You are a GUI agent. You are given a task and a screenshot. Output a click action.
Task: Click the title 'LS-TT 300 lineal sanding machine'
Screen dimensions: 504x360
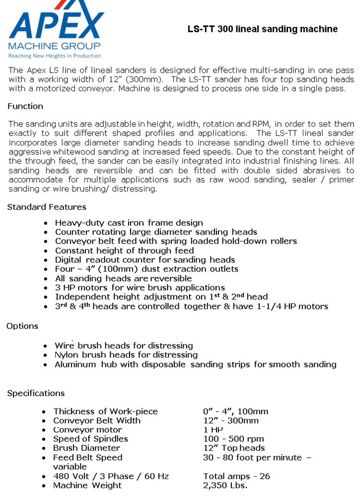click(262, 29)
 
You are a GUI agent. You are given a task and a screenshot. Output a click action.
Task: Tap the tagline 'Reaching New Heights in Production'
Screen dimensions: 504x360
click(55, 56)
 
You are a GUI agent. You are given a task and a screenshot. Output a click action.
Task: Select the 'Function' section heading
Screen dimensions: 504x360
click(25, 106)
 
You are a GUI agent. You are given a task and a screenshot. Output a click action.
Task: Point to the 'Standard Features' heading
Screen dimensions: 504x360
click(47, 207)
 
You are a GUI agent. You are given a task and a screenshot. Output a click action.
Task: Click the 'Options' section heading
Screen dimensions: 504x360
click(22, 326)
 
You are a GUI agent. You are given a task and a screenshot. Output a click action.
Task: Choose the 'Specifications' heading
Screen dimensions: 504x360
click(36, 393)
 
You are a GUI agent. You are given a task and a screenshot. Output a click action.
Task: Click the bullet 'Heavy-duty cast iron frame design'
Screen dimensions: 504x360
click(129, 223)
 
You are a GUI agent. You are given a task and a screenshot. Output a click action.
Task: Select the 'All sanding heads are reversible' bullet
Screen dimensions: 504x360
click(123, 278)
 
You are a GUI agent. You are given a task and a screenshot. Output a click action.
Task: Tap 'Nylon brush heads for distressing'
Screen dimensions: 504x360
click(126, 355)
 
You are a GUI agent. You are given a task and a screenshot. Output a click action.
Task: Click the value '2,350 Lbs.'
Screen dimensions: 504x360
click(225, 485)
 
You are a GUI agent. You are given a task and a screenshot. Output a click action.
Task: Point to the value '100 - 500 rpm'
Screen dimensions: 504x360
click(233, 439)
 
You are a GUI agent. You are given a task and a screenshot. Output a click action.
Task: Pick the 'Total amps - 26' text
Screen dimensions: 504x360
click(236, 476)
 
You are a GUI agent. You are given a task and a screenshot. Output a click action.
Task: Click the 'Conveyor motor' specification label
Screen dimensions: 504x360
click(87, 430)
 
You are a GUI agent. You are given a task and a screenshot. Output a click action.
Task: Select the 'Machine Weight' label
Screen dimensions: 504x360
click(87, 485)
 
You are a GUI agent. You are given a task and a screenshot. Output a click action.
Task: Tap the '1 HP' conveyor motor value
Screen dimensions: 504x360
click(213, 430)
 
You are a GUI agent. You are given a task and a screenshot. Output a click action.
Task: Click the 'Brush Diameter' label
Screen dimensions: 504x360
click(87, 448)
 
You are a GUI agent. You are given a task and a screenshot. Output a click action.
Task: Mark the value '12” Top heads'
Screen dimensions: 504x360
click(234, 448)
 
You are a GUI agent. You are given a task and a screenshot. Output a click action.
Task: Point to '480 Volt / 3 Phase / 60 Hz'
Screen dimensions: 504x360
click(111, 476)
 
